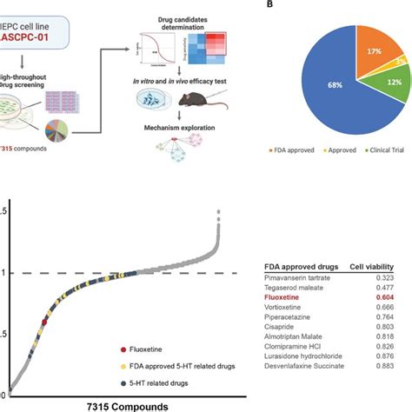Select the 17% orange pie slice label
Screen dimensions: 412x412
tap(374, 52)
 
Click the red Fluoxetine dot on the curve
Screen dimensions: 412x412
tap(44, 322)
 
